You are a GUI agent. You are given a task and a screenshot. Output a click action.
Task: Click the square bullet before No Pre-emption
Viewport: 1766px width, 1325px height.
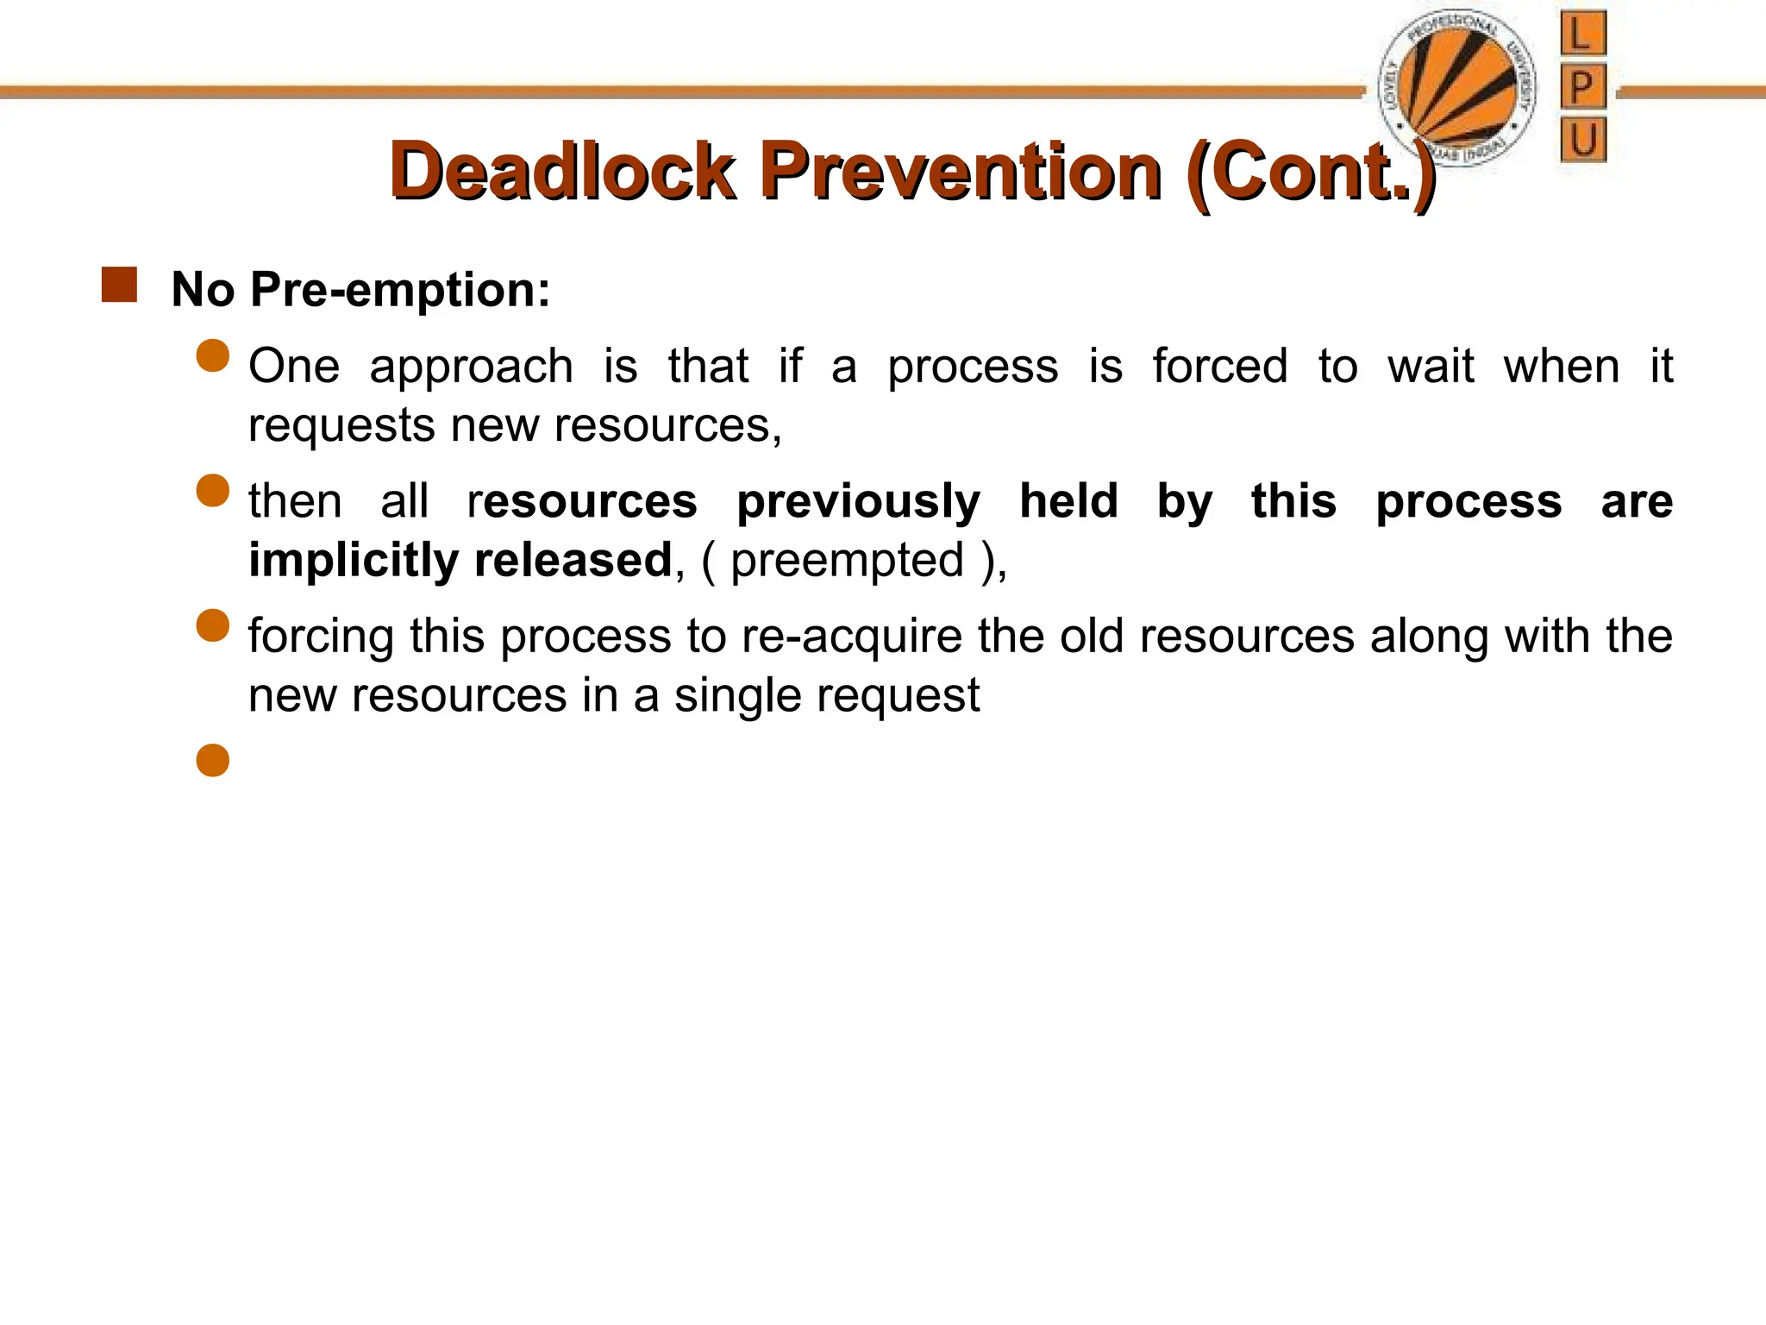tap(119, 286)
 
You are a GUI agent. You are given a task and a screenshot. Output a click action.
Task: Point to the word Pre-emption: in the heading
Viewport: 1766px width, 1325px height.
tap(399, 289)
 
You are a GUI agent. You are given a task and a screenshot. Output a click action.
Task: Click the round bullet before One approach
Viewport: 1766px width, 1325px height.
tap(212, 355)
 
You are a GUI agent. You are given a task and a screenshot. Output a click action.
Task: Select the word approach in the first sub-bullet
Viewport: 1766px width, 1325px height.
tap(471, 366)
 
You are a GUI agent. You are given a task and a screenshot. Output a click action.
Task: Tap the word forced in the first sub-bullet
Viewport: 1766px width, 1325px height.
tap(1219, 366)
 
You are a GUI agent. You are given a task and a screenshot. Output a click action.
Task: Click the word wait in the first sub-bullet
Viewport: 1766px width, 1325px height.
tap(1431, 366)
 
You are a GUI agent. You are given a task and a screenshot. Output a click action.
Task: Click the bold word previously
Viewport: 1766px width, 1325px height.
tap(858, 501)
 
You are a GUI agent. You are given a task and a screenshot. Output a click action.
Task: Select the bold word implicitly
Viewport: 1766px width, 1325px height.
tap(354, 560)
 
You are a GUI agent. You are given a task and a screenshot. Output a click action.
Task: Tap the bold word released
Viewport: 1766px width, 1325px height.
tap(573, 560)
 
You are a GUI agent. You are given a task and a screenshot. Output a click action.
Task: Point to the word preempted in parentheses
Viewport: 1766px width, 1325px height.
tap(847, 561)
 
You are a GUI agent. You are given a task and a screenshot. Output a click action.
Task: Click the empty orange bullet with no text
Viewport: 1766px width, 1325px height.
tap(212, 760)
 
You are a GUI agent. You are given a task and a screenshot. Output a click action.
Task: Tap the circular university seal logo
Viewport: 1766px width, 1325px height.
tap(1457, 86)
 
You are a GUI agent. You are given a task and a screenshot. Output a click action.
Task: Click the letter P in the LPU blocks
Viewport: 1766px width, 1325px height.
tap(1582, 86)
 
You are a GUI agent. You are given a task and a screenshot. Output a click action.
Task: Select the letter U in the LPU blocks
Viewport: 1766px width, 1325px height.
tap(1583, 139)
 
